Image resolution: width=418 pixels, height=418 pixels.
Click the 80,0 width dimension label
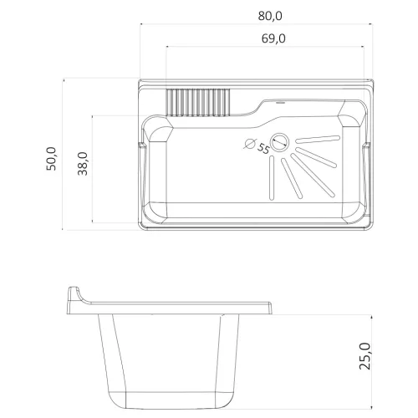pos(270,16)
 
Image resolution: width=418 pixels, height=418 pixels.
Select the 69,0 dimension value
pos(273,38)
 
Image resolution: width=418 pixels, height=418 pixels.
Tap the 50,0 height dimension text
pos(51,159)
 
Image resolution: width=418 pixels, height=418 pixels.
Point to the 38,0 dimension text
pos(83,164)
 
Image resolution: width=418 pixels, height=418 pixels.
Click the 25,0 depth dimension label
pos(365,356)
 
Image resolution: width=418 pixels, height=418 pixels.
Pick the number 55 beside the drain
pos(263,148)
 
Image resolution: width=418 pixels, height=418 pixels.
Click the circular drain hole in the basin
pos(280,142)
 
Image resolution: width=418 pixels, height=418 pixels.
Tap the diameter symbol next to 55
pos(250,144)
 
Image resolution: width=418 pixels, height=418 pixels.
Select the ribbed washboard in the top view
pos(198,102)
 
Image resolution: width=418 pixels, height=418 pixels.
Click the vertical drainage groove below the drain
pos(272,178)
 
